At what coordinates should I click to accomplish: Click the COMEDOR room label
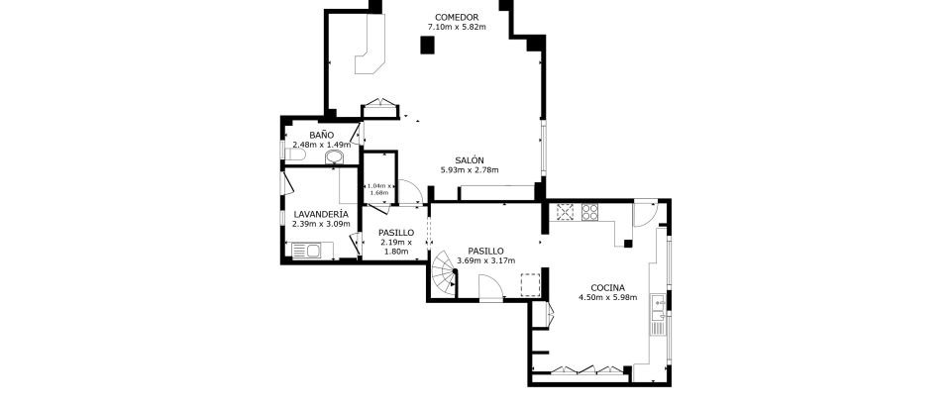pos(457,18)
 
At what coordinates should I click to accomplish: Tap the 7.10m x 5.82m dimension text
pos(457,28)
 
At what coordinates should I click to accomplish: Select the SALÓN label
pos(470,160)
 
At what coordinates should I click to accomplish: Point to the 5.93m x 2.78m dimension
pos(470,170)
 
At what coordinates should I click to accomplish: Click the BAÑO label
pos(321,135)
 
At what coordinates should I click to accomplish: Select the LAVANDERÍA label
pos(320,214)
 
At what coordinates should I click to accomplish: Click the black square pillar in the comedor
pos(427,45)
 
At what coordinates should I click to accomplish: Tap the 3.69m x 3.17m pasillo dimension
pos(486,261)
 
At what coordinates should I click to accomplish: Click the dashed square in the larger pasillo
pos(531,284)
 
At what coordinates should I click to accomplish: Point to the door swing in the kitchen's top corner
pos(644,212)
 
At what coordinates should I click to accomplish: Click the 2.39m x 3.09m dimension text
pos(320,224)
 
